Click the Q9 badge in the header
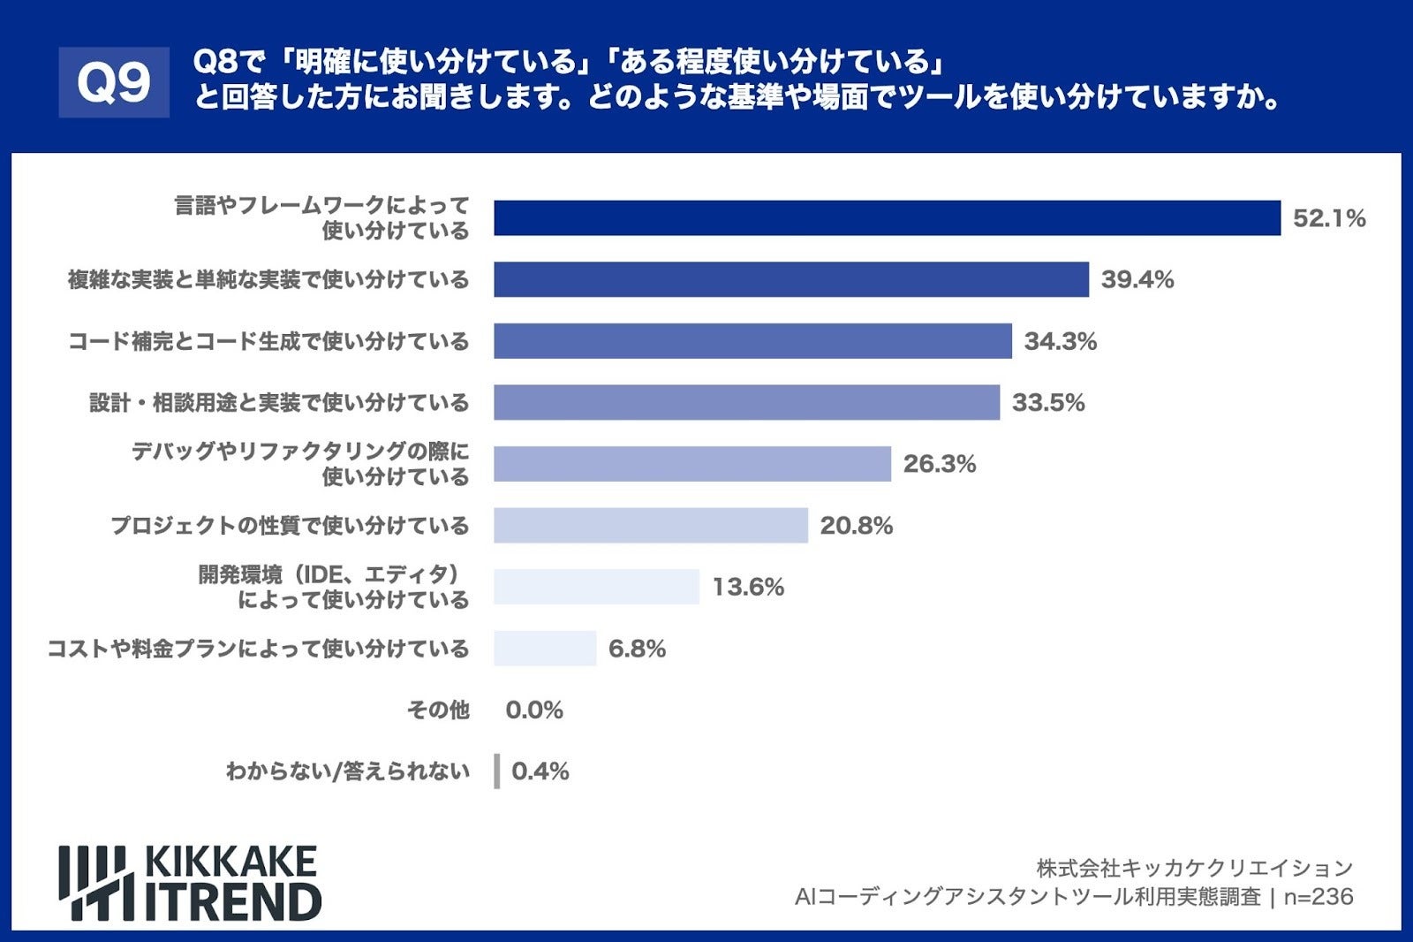[114, 82]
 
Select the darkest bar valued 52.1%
[887, 218]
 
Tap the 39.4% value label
[1137, 280]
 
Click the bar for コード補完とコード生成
[752, 341]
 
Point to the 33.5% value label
[1047, 403]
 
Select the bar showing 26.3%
[691, 464]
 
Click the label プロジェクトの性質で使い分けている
[290, 526]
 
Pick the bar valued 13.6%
[596, 587]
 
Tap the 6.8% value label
[637, 649]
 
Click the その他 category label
[438, 710]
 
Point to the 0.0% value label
[533, 710]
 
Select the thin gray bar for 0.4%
[497, 771]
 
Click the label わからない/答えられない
[347, 771]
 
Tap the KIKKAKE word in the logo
[230, 862]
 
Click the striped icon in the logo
[96, 883]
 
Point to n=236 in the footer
[1318, 897]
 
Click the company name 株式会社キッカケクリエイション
[1194, 868]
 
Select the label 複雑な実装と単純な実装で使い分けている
[268, 280]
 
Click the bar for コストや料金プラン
[545, 649]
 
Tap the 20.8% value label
[856, 526]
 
